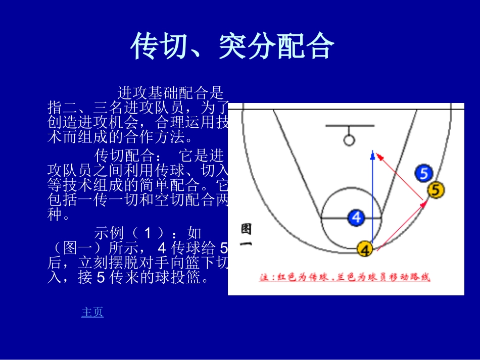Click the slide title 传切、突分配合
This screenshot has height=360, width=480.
pyautogui.click(x=232, y=46)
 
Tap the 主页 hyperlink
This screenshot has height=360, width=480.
pyautogui.click(x=92, y=312)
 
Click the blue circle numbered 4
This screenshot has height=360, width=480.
pyautogui.click(x=357, y=218)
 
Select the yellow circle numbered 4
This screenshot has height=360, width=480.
pyautogui.click(x=365, y=249)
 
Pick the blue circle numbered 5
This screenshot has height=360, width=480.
pyautogui.click(x=423, y=174)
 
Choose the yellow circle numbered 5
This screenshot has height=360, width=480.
pyautogui.click(x=436, y=190)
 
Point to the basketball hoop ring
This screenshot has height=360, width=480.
pyautogui.click(x=349, y=139)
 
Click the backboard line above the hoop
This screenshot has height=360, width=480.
pyautogui.click(x=350, y=126)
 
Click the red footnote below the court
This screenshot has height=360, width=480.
pyautogui.click(x=345, y=277)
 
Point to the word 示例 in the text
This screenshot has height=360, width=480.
pyautogui.click(x=109, y=233)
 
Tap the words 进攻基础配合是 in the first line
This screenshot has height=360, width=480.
pyautogui.click(x=170, y=93)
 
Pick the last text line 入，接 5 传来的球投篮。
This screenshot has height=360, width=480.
pyautogui.click(x=128, y=277)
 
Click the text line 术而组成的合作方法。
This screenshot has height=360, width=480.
pyautogui.click(x=120, y=136)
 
